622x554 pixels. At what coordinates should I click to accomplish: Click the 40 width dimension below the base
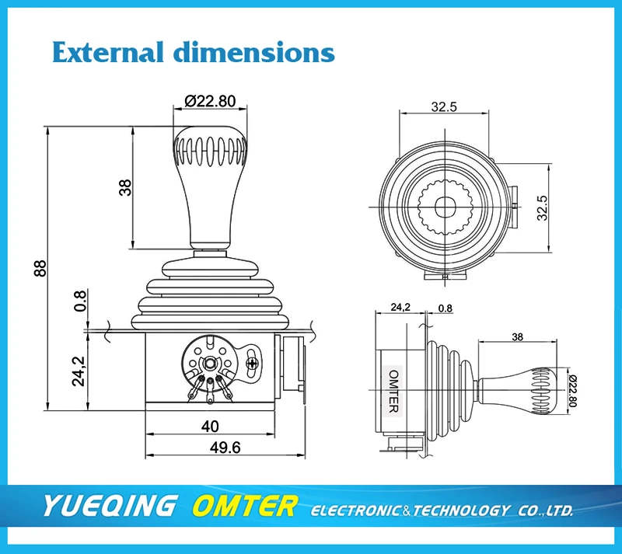tap(210, 425)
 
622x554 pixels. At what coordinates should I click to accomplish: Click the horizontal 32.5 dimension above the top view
tap(443, 106)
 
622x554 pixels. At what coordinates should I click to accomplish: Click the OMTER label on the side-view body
tap(393, 390)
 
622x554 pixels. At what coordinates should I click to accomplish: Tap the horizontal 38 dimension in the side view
tap(515, 337)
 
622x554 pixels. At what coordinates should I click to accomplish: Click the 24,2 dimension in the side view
tap(400, 308)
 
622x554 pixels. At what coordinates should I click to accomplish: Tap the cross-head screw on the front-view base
tap(252, 362)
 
